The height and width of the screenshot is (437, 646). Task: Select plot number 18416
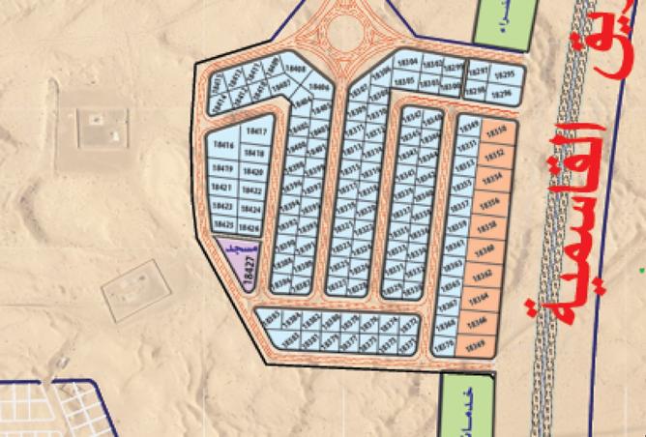(222, 144)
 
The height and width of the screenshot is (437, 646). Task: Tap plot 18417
(255, 131)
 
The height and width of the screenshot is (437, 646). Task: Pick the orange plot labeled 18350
(496, 131)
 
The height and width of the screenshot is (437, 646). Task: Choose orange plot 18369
(475, 345)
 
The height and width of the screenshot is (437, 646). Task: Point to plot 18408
(297, 70)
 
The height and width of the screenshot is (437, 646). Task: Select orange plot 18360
(485, 250)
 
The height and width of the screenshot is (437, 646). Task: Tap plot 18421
(221, 186)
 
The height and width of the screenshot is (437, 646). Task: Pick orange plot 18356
(490, 202)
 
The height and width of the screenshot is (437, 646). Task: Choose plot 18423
(221, 206)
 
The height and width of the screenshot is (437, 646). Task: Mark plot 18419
(221, 165)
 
